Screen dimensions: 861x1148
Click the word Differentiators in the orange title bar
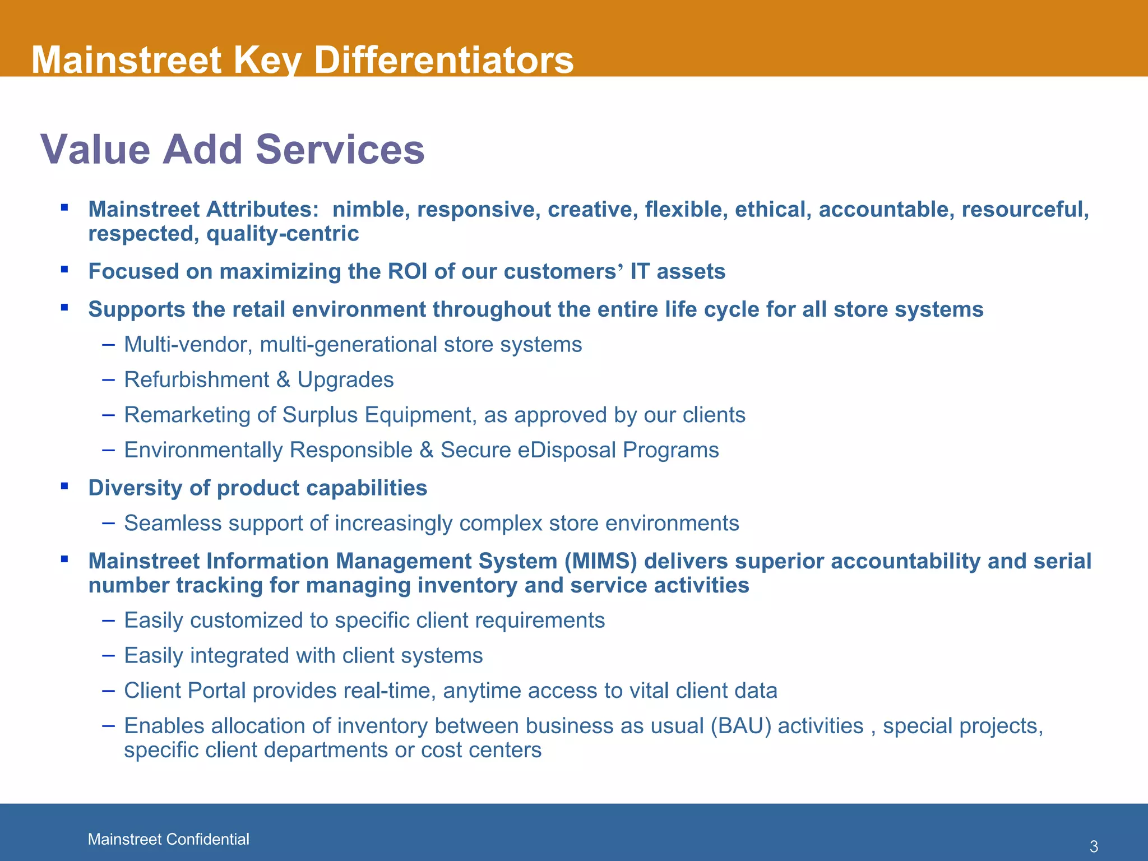pos(443,60)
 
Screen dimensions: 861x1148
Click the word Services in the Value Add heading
pos(340,150)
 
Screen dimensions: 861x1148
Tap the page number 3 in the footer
pos(1093,846)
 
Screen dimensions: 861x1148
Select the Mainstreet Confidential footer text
pos(168,839)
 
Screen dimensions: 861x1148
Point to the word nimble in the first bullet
pos(371,210)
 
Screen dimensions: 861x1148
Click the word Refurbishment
pos(196,380)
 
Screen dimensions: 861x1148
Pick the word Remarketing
pos(187,415)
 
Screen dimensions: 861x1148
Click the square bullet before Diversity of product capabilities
pos(65,486)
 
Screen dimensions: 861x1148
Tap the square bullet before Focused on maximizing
pos(65,270)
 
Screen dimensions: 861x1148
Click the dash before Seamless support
pos(109,523)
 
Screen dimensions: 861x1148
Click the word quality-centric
pos(283,234)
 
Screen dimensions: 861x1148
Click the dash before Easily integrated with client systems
pos(109,655)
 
